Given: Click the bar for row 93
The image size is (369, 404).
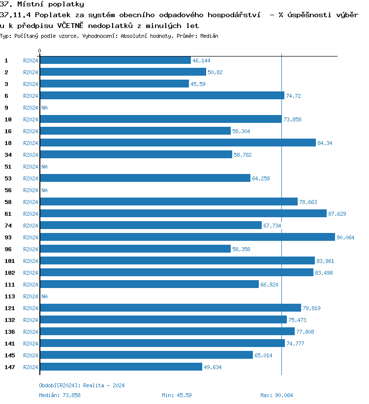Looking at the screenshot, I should pyautogui.click(x=187, y=237).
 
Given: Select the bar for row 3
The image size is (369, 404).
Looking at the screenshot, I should pyautogui.click(x=114, y=84).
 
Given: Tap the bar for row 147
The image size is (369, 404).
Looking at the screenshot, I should pyautogui.click(x=121, y=367).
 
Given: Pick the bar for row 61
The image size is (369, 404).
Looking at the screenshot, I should pyautogui.click(x=183, y=213).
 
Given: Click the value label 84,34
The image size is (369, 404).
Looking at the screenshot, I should pyautogui.click(x=324, y=143).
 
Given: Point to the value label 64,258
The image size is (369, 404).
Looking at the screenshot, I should pyautogui.click(x=261, y=178).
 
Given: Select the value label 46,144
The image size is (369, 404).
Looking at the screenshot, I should pyautogui.click(x=201, y=60).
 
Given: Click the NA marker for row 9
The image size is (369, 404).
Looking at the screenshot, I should pyautogui.click(x=44, y=108).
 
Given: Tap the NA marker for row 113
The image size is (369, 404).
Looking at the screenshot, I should pyautogui.click(x=44, y=296).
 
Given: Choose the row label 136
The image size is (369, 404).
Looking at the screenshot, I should pyautogui.click(x=10, y=332).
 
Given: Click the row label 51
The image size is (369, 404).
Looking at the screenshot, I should pyautogui.click(x=8, y=167).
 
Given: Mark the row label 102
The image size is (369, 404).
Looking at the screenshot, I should pyautogui.click(x=10, y=273).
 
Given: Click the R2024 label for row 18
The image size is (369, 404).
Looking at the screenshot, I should pyautogui.click(x=31, y=143).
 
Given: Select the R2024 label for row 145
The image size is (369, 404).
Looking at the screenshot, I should pyautogui.click(x=31, y=355).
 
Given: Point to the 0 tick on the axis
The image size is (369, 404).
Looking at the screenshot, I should pyautogui.click(x=40, y=51).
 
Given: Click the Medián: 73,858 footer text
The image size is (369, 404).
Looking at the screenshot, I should pyautogui.click(x=60, y=395).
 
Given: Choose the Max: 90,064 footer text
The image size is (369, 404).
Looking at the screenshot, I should pyautogui.click(x=277, y=395).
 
